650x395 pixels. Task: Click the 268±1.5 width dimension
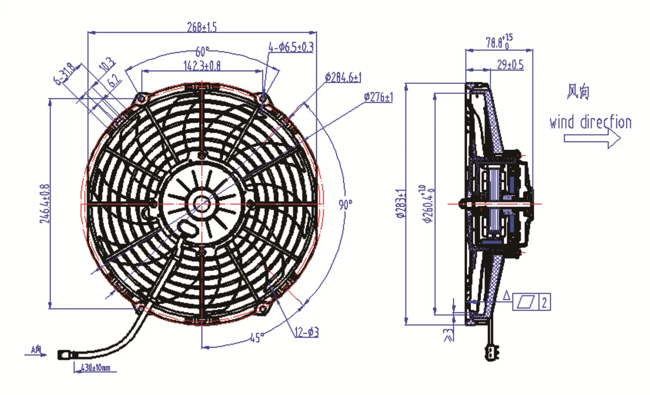(x=202, y=27)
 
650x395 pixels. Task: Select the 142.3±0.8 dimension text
(x=202, y=66)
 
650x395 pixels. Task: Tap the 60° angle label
(x=202, y=52)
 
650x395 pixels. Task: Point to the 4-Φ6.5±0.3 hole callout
(x=291, y=47)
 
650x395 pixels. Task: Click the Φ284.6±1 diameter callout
(x=343, y=78)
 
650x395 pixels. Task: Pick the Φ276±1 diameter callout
(x=378, y=97)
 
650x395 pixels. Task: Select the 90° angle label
(x=345, y=205)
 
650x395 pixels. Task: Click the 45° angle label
(x=256, y=338)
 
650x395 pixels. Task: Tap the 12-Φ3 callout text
(x=306, y=333)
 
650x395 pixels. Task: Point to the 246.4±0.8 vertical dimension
(x=45, y=204)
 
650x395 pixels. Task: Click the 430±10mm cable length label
(x=95, y=368)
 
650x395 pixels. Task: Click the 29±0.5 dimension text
(x=510, y=65)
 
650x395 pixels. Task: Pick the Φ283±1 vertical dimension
(x=401, y=204)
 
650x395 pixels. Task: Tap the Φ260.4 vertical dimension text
(x=429, y=204)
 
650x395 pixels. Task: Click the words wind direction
(x=590, y=122)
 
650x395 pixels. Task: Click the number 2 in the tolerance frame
(x=544, y=302)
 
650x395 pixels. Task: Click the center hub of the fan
(x=202, y=204)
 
